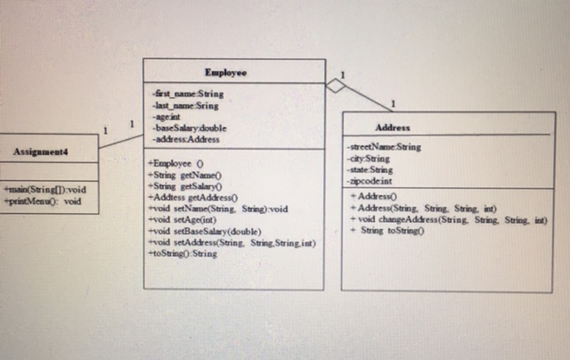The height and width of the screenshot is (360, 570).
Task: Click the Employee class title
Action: [225, 72]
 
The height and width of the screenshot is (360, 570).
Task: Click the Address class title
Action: [393, 128]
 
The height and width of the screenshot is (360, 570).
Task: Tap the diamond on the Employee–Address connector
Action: [334, 86]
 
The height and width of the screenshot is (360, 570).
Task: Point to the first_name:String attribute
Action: [188, 93]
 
